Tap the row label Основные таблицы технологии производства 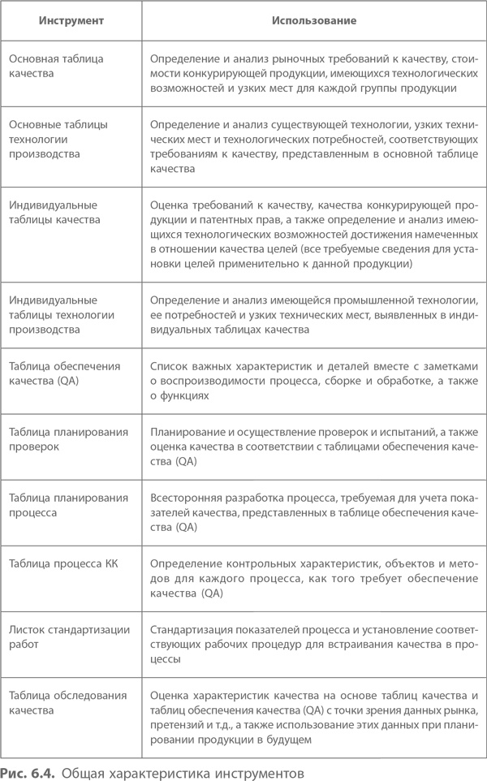coord(58,138)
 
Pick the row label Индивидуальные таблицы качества coord(54,211)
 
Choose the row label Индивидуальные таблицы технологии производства coord(61,314)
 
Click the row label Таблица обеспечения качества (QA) coord(63,373)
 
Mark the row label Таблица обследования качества coord(67,701)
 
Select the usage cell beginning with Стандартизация coord(315,644)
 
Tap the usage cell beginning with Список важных coord(315,381)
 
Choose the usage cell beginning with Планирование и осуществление coord(315,447)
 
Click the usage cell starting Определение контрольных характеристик coord(315,577)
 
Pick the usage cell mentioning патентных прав coord(315,235)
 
